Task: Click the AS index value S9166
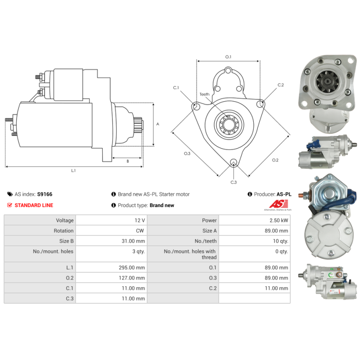tap(45, 194)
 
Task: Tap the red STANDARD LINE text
tap(34, 205)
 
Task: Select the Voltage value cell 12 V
tap(139, 220)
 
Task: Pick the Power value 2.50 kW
tap(279, 220)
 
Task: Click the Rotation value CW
tap(140, 231)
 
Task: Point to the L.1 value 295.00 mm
tap(132, 267)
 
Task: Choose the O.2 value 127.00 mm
tap(132, 278)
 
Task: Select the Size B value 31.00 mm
tap(133, 241)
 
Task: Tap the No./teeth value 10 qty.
tap(280, 241)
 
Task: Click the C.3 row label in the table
tap(70, 298)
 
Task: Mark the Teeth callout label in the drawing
tap(204, 94)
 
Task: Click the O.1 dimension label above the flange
tap(228, 57)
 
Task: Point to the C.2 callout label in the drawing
tap(280, 85)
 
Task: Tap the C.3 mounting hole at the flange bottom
tap(234, 162)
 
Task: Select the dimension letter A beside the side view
tap(157, 124)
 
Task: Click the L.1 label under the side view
tap(73, 171)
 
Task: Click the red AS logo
tap(279, 204)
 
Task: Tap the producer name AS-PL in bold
tap(284, 194)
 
